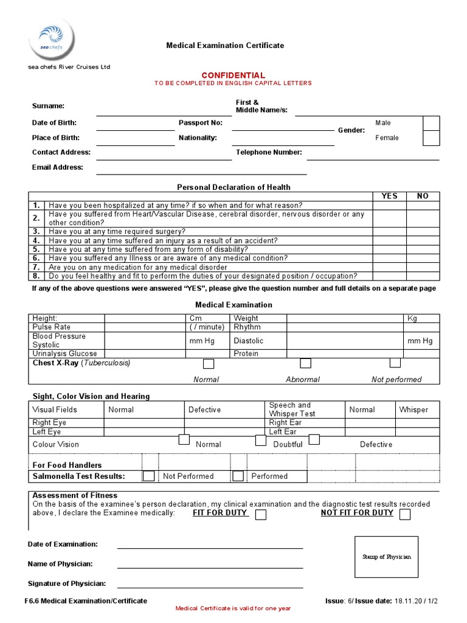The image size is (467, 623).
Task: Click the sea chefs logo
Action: click(x=53, y=39)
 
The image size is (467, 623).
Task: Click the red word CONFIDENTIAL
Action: click(x=233, y=75)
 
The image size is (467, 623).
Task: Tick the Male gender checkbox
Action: click(x=431, y=124)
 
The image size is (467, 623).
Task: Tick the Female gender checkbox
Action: click(x=431, y=138)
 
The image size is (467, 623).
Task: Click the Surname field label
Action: click(x=48, y=106)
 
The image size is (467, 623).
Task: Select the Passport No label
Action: click(x=200, y=123)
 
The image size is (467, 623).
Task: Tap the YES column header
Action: click(x=389, y=196)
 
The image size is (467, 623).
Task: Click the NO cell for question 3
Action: click(x=423, y=232)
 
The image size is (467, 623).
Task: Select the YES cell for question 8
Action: click(x=389, y=276)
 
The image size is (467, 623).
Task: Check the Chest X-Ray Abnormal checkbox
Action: click(x=305, y=364)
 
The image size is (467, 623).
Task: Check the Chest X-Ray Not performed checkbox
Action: click(x=395, y=363)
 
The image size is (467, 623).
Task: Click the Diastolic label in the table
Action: click(x=249, y=341)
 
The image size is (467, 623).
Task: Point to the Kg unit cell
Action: click(x=412, y=318)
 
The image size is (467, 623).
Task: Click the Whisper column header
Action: click(x=413, y=410)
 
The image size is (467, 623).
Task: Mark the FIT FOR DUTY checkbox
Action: click(x=261, y=515)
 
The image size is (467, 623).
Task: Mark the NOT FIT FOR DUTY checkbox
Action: click(x=405, y=515)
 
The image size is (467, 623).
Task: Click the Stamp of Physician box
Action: click(x=386, y=557)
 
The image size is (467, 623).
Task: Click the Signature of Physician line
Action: click(x=210, y=586)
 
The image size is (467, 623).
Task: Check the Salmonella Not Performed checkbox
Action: click(x=149, y=476)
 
